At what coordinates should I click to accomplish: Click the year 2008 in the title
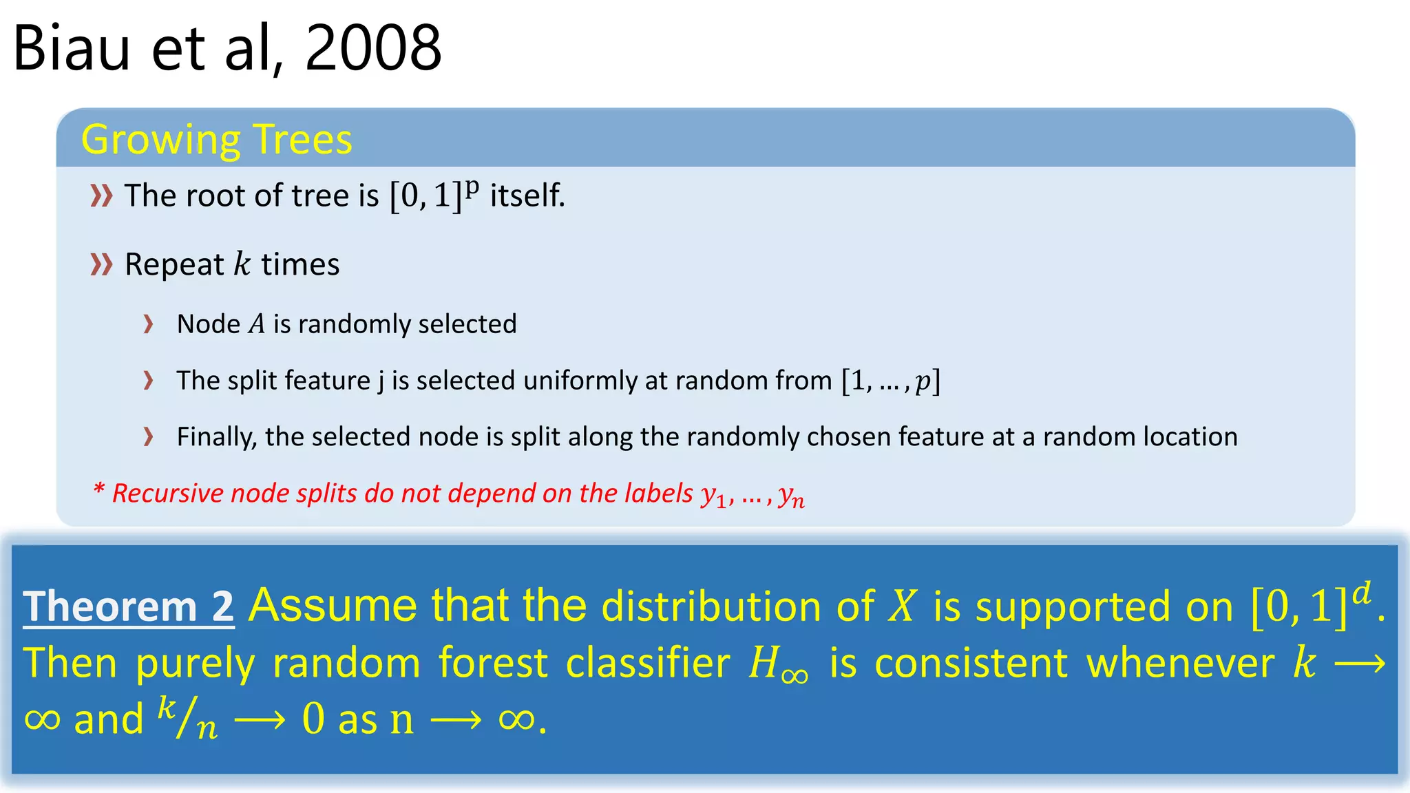coord(372,48)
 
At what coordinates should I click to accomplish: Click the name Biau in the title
coord(72,48)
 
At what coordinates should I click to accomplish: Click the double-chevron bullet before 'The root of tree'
coord(101,196)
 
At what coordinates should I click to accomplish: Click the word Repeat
coord(174,265)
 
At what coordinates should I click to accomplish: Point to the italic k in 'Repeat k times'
coord(242,264)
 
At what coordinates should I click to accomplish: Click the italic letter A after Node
coord(257,324)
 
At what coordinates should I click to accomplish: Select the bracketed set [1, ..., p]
coord(890,381)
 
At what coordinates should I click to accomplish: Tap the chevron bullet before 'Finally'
coord(148,436)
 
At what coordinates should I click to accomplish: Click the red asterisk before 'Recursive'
coord(98,490)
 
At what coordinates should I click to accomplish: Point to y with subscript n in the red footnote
coord(791,496)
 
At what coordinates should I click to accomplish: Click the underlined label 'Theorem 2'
coord(129,607)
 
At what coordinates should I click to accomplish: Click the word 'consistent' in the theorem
coord(971,664)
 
